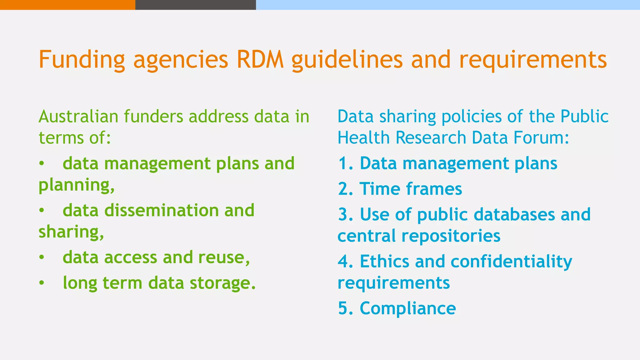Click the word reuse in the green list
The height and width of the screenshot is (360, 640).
[x=223, y=257]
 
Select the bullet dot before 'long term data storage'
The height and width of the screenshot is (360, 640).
[x=42, y=283]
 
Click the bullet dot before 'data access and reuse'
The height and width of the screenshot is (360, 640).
[x=42, y=257]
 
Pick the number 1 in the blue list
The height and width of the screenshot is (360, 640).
[x=344, y=163]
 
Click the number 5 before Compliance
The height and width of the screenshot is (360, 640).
[x=343, y=308]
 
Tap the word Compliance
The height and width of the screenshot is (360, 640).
[x=408, y=308]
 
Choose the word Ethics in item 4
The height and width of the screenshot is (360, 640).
[x=384, y=262]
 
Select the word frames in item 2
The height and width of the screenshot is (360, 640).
[x=434, y=189]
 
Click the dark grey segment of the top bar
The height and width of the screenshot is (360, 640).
[x=196, y=5]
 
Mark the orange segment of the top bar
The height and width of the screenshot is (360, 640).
[x=67, y=5]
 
